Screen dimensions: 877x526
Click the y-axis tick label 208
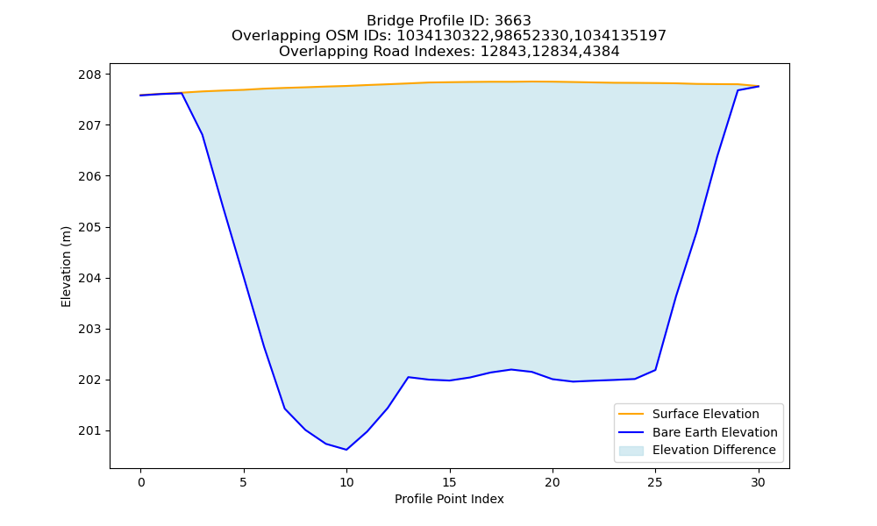pos(90,75)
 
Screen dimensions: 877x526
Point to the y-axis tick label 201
pos(90,431)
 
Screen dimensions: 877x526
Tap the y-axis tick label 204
pos(90,279)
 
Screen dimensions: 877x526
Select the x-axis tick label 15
pos(449,482)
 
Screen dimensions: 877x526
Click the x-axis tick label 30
pos(758,482)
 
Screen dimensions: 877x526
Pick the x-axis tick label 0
pos(141,482)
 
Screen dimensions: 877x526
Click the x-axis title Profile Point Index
pos(449,499)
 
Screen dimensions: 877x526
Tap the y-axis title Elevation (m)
pos(66,267)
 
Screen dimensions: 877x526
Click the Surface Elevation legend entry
pos(688,414)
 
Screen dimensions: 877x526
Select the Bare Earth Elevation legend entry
pos(698,432)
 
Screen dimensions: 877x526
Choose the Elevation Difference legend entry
pos(697,450)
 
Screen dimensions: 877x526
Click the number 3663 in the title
pos(513,21)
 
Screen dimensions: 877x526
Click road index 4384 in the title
pos(602,52)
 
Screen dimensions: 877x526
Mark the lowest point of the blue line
pos(346,450)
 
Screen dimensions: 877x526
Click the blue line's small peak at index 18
pos(511,369)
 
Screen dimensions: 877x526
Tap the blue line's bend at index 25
pos(655,370)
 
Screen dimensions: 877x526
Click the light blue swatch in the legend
pos(631,451)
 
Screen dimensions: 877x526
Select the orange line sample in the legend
pos(631,414)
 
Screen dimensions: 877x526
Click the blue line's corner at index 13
pos(409,377)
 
